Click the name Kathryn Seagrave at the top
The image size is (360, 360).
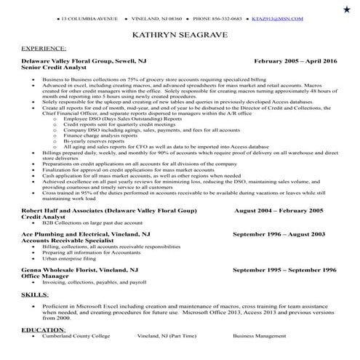[x=179, y=34]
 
